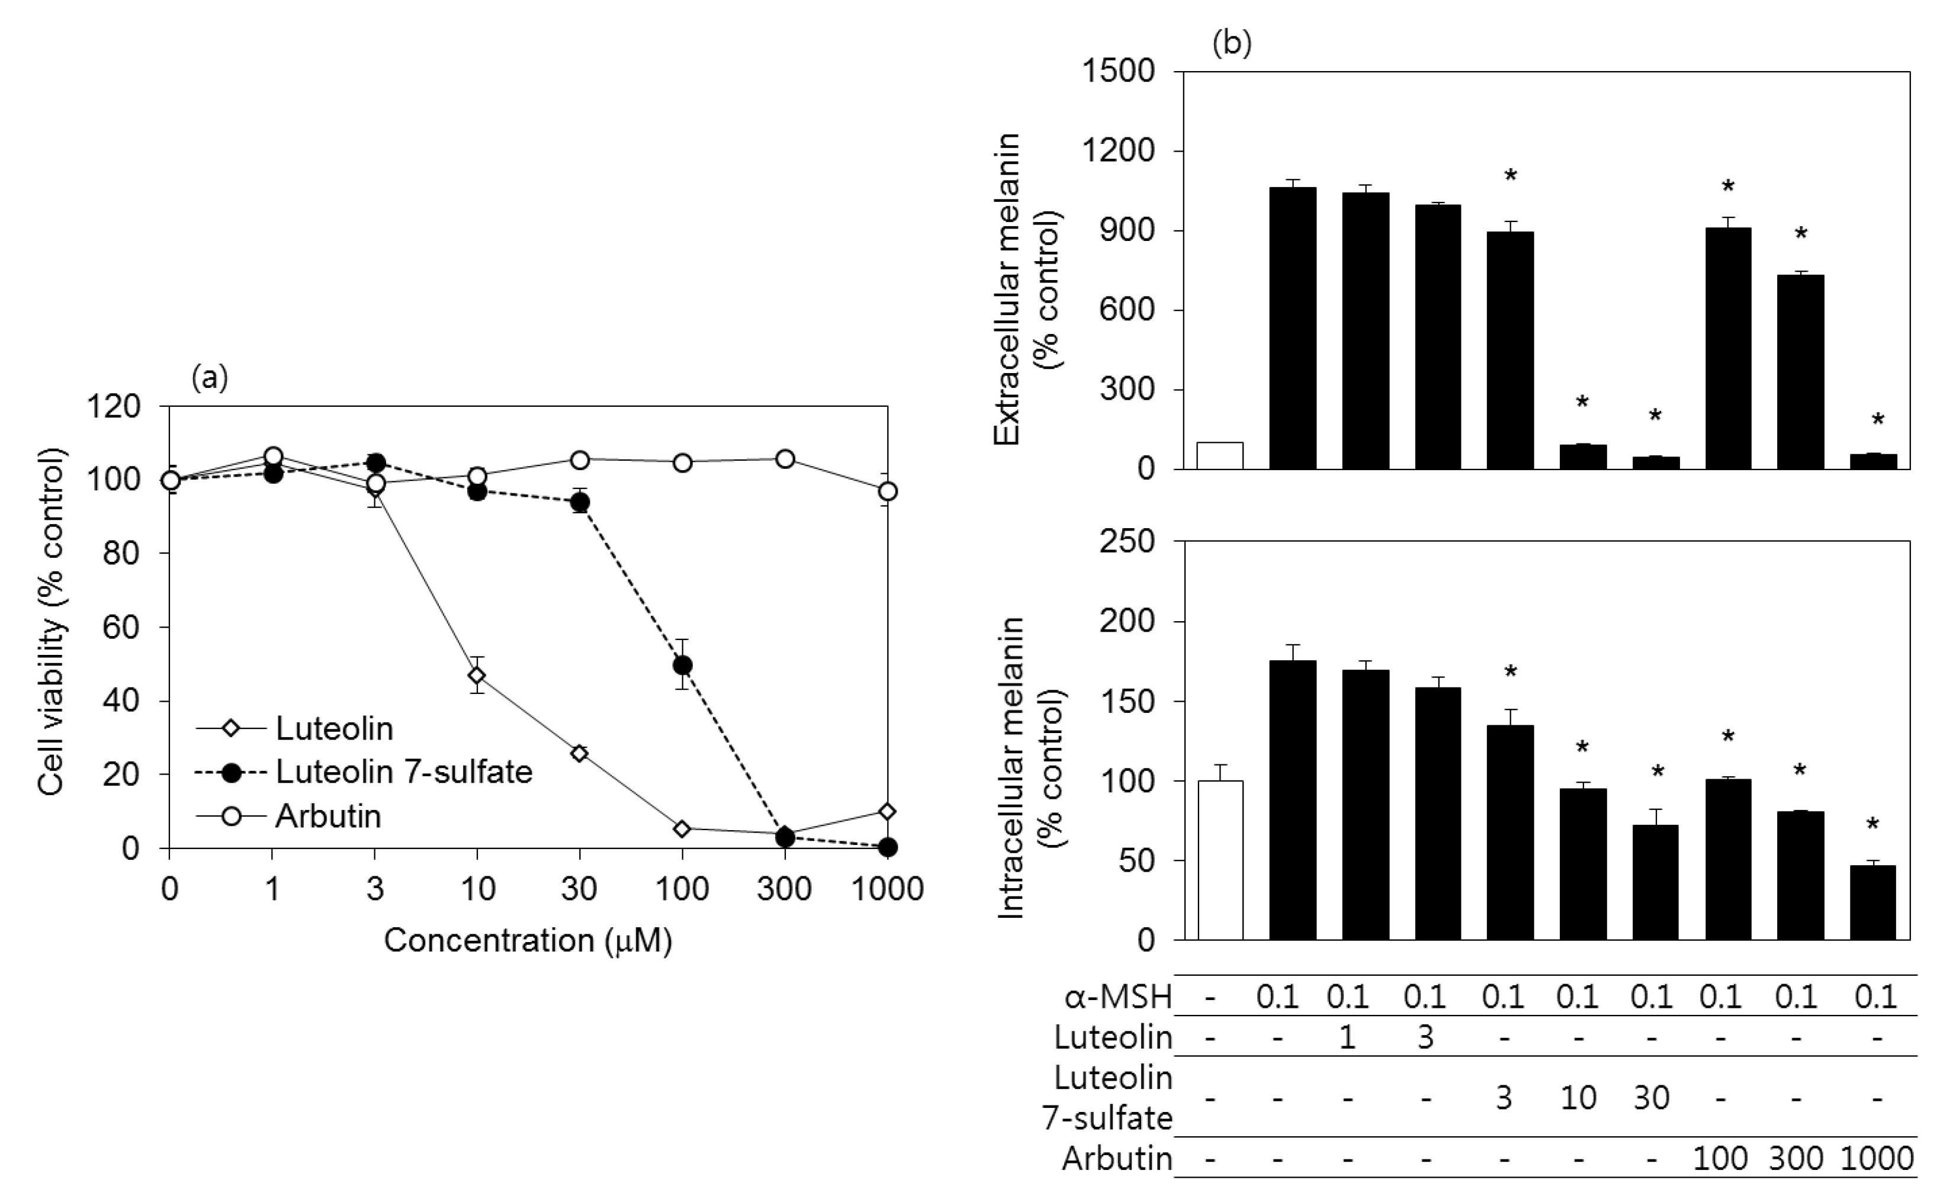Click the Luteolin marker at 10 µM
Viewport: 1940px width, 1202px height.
click(x=477, y=676)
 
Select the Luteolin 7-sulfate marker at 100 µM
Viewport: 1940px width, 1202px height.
click(x=682, y=664)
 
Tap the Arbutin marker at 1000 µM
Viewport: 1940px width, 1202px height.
click(x=887, y=491)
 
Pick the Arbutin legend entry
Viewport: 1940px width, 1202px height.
click(x=327, y=817)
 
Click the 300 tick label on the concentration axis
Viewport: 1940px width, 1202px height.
click(x=784, y=889)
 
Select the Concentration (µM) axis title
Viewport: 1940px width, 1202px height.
click(x=528, y=940)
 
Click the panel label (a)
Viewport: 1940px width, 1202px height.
click(x=210, y=378)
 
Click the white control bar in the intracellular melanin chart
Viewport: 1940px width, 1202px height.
click(x=1220, y=860)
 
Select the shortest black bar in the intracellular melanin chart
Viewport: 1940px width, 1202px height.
click(x=1872, y=903)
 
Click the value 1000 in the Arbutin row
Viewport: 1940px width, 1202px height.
click(x=1877, y=1158)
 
